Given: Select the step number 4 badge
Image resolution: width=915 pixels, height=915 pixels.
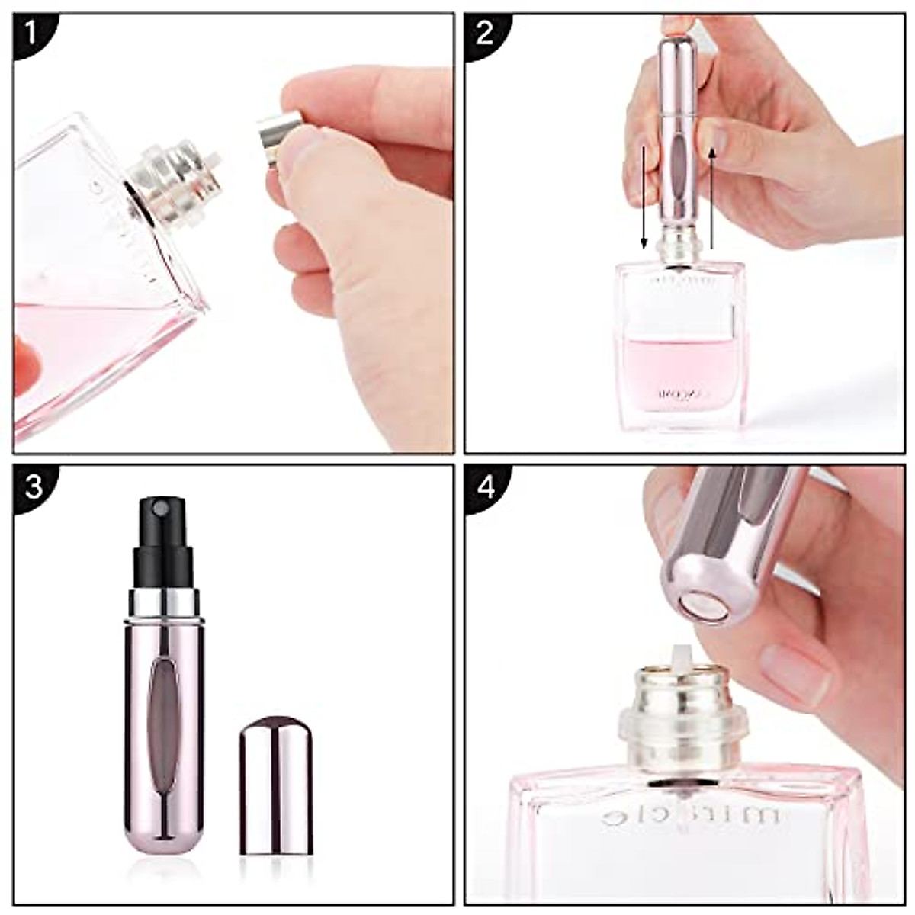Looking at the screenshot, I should point(486,486).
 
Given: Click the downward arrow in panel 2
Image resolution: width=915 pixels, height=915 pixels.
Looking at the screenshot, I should point(644,198).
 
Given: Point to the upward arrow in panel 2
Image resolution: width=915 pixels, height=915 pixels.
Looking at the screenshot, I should point(711,198).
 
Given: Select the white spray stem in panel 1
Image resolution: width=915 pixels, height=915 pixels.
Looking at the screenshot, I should point(213,161).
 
